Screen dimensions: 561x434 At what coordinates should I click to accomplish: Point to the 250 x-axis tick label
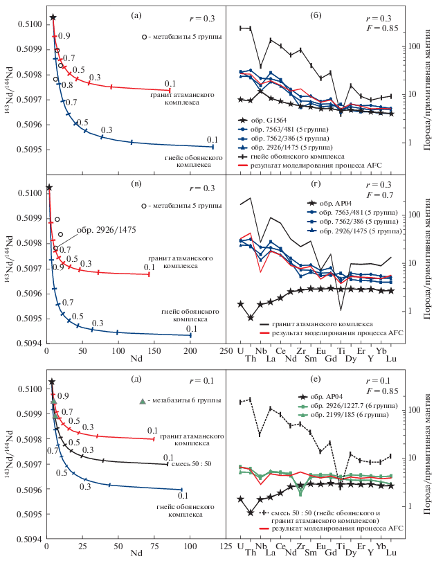226,352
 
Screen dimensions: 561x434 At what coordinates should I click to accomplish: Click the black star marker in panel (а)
53,17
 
